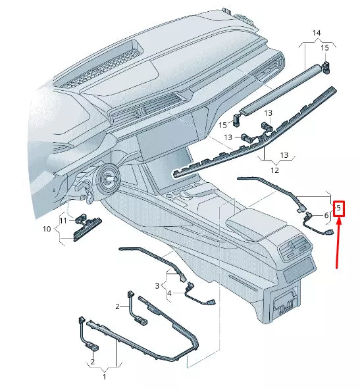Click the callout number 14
317,33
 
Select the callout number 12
274,170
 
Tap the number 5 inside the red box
339,209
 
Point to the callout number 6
326,215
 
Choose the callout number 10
46,229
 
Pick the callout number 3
157,285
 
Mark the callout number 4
169,293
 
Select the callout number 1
104,377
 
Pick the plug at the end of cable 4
210,302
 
